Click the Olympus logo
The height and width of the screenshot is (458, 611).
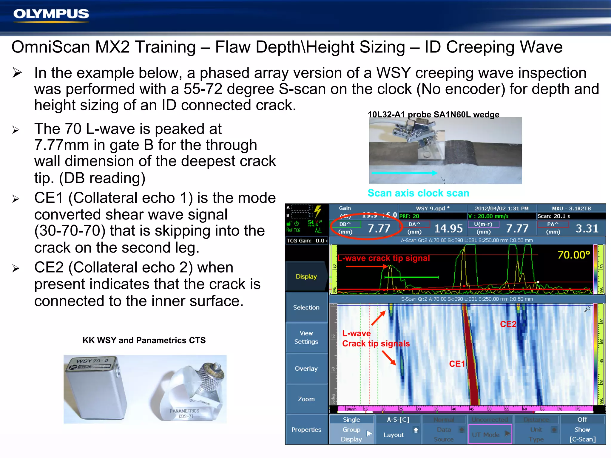[x=51, y=14]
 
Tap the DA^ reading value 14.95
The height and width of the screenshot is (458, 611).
[x=448, y=228]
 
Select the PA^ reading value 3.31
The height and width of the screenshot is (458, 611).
[x=587, y=228]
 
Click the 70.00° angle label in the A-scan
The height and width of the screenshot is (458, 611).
[x=573, y=255]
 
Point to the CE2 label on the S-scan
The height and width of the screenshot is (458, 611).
[x=508, y=324]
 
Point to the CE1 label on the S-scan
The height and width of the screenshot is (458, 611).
[x=457, y=364]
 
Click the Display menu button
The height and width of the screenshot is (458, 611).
[x=306, y=276]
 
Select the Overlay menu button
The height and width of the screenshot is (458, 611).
[x=306, y=369]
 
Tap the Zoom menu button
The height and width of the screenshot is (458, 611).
[x=306, y=399]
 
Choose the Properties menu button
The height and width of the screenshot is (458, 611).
[x=306, y=430]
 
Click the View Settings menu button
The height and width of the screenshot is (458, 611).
[x=306, y=338]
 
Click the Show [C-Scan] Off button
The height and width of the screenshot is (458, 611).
[x=582, y=429]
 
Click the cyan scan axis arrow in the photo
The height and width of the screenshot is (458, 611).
[x=404, y=173]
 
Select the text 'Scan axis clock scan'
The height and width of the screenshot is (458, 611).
[x=418, y=193]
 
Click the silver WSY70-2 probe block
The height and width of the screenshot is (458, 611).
[x=95, y=388]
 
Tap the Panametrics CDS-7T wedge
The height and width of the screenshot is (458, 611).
[x=191, y=394]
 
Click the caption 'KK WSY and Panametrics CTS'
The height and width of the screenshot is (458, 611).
[x=144, y=340]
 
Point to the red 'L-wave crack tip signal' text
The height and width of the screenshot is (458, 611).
[x=384, y=258]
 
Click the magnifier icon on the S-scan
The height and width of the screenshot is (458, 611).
[x=587, y=309]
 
